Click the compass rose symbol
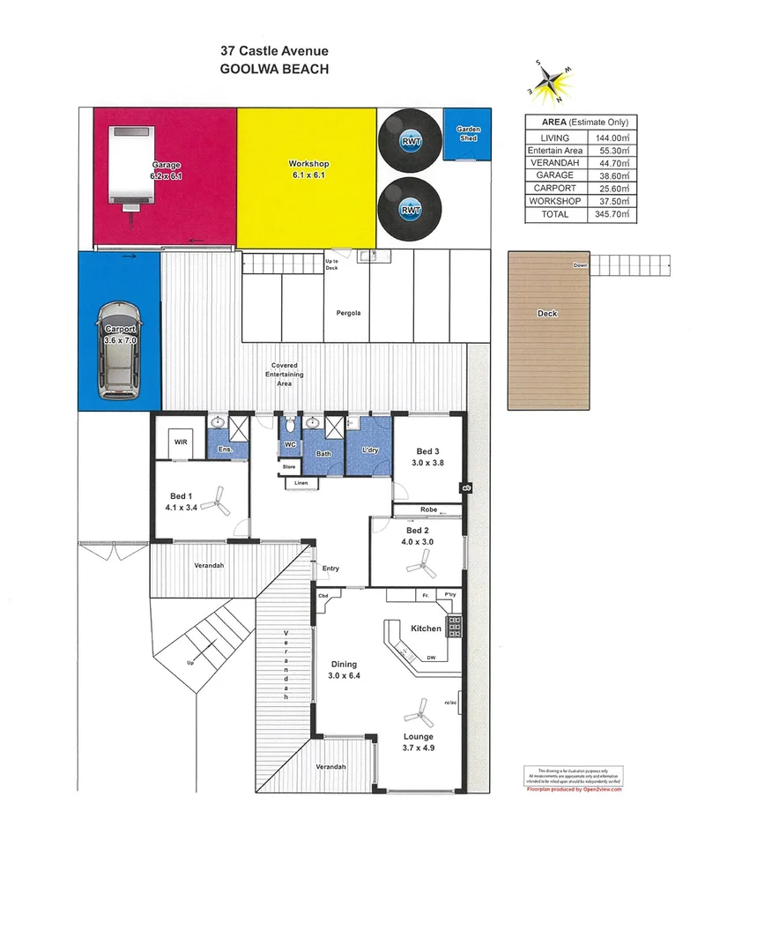549,79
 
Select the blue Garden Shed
468,136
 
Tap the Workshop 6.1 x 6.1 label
308,170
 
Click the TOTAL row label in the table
554,214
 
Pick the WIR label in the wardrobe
180,442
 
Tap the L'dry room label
369,452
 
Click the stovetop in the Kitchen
455,627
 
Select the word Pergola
348,313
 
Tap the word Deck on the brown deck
547,314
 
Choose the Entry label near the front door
330,569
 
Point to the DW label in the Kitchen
431,657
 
